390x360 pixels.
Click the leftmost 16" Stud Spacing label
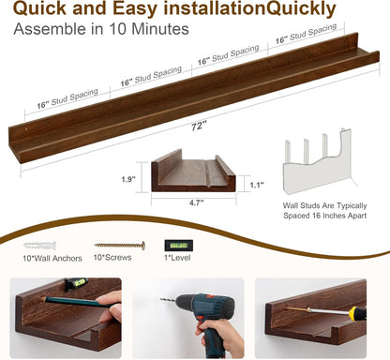[68, 101]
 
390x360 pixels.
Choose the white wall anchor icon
[35, 243]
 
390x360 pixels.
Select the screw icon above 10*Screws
[119, 244]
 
